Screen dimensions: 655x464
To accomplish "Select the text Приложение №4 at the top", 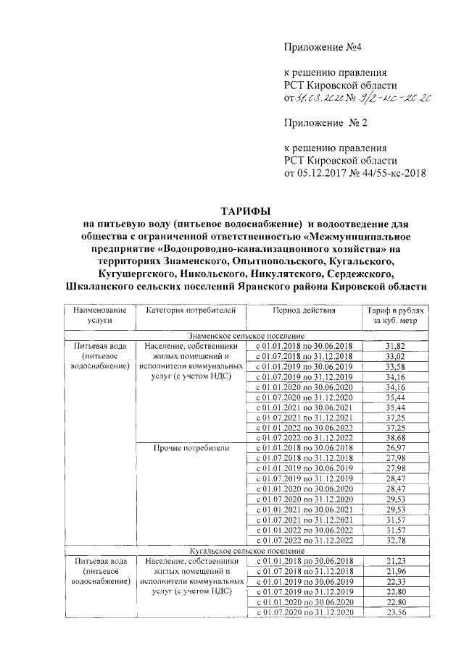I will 319,47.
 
